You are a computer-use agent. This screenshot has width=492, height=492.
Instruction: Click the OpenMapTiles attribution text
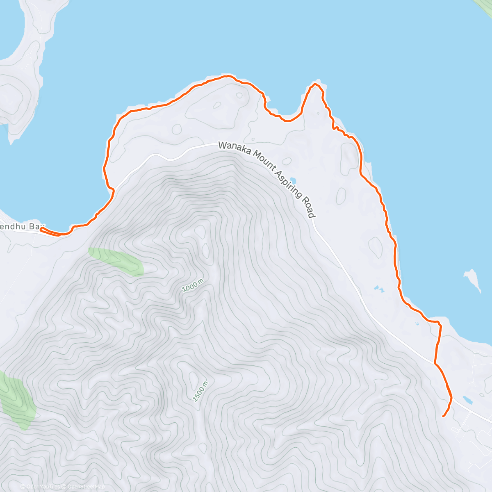pos(41,487)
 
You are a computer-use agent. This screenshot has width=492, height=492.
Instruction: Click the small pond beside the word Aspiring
pos(293,180)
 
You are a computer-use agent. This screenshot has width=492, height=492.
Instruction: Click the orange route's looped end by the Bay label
pos(42,230)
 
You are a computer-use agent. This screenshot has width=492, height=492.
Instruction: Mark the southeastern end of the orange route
pos(443,417)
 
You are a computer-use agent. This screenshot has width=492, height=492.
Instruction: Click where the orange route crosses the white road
pos(435,362)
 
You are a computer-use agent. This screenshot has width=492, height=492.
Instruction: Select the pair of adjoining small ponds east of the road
pos(378,289)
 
